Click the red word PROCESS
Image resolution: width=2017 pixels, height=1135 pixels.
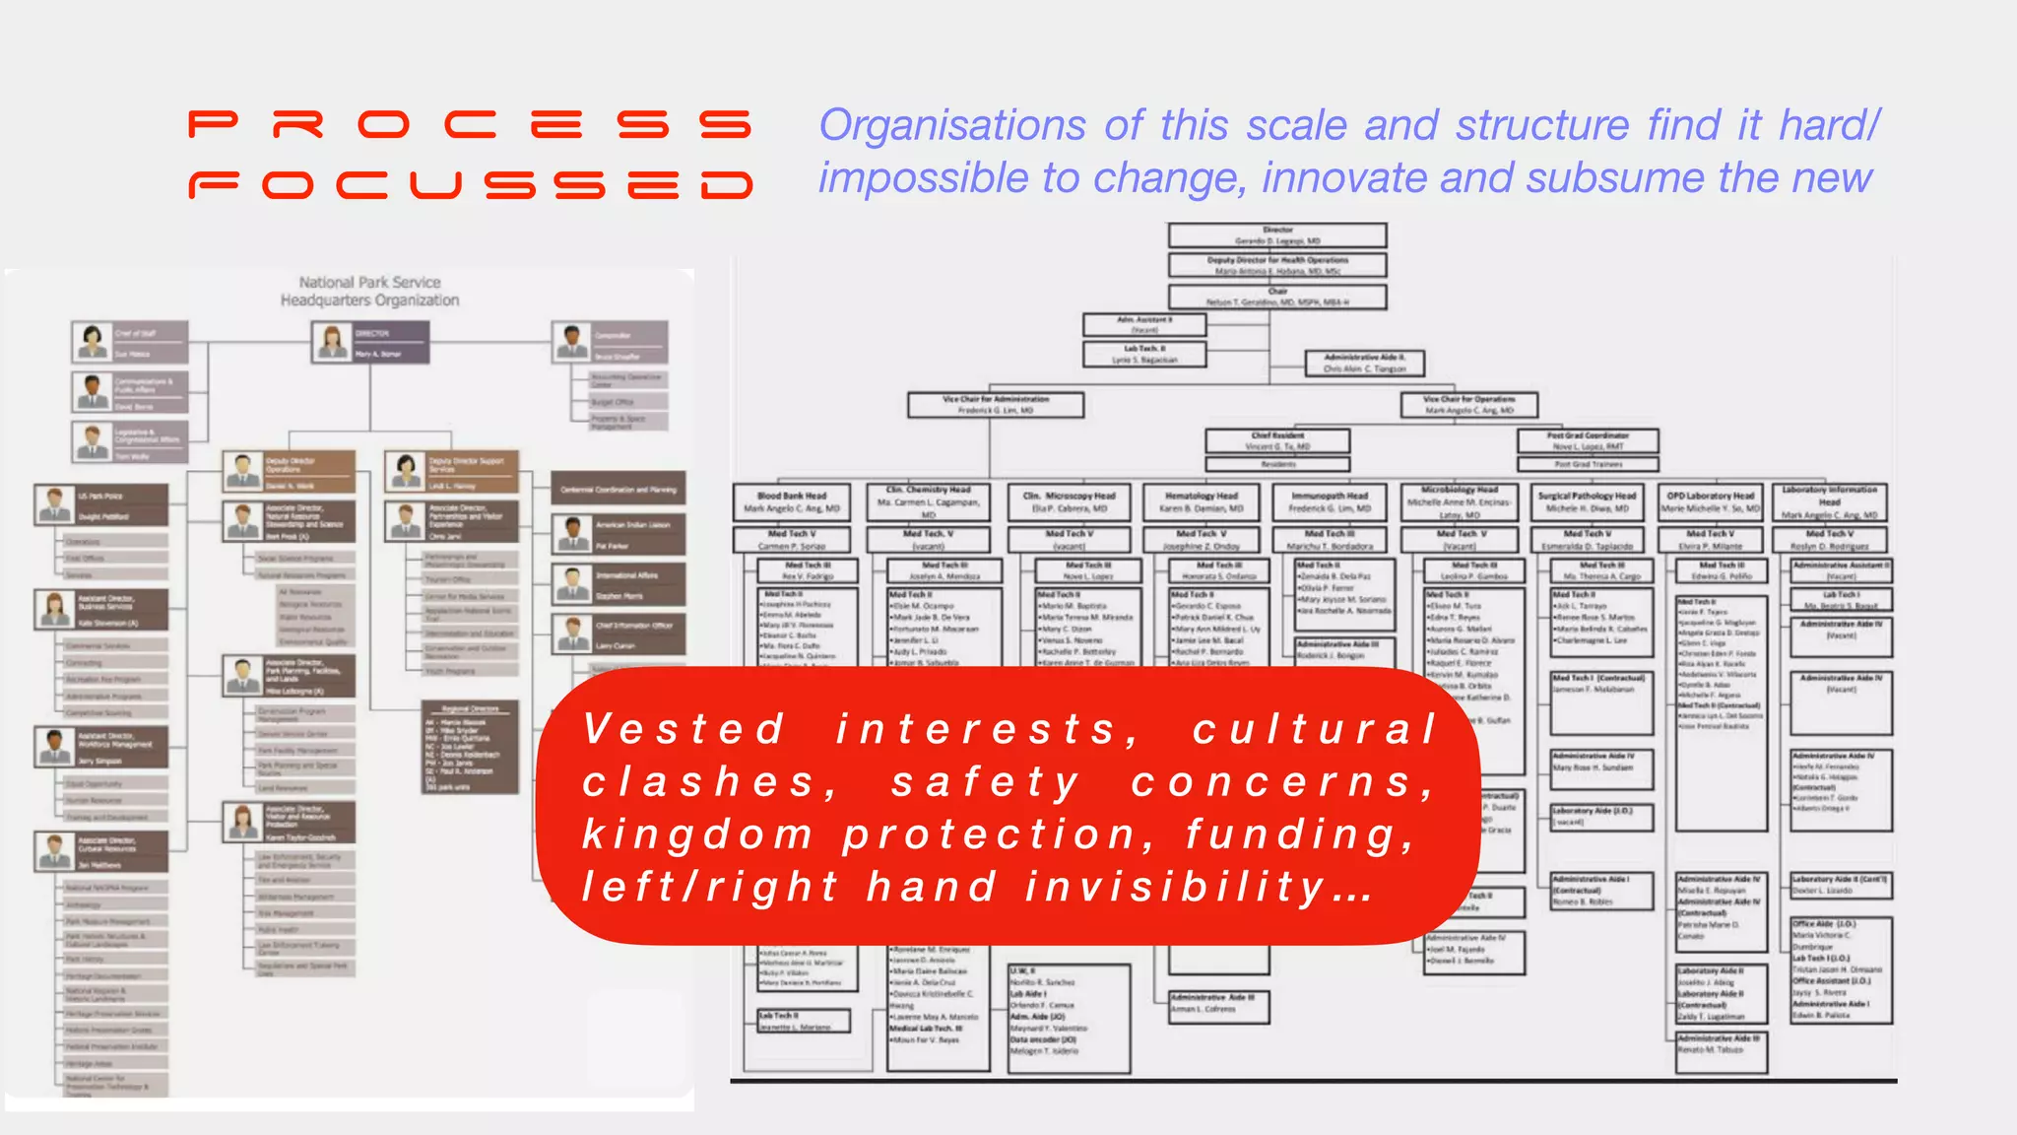[469, 125]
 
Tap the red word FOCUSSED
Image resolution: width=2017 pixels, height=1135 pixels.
[471, 185]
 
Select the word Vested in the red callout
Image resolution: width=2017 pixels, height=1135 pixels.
[684, 729]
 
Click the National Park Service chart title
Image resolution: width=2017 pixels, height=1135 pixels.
[369, 292]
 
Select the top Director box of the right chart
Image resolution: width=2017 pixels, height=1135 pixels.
[1277, 235]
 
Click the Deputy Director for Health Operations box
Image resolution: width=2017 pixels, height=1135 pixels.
[1277, 265]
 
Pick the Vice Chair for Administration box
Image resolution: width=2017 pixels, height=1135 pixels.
[995, 405]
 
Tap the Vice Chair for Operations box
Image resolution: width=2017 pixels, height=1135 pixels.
[1468, 405]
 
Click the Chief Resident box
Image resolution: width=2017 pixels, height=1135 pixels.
[1277, 440]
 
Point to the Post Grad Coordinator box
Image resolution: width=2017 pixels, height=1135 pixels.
[1588, 440]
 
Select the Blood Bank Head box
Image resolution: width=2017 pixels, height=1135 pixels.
[792, 502]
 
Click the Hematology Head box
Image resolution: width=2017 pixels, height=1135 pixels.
[1201, 502]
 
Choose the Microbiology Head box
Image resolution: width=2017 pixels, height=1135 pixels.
[1459, 501]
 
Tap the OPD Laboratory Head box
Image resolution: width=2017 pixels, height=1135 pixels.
[1711, 502]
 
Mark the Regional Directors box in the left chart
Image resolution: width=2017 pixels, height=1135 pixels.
[470, 747]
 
